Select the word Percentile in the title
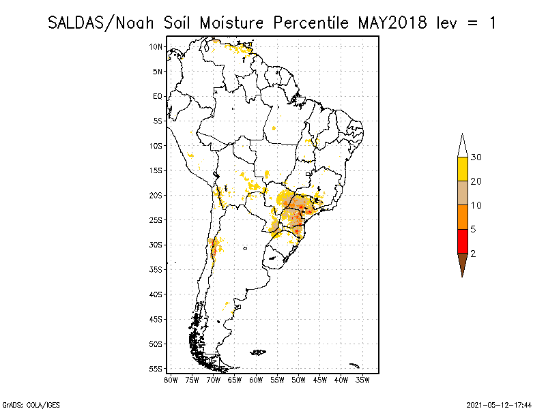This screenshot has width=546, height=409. pos(310,22)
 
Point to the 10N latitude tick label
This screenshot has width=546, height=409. pos(156,46)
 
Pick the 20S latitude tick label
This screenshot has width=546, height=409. pos(156,195)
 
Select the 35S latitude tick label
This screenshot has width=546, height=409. pos(156,269)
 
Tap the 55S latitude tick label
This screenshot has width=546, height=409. pos(156,369)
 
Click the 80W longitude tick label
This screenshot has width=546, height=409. pos(171,379)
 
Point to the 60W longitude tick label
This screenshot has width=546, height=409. pos(256,379)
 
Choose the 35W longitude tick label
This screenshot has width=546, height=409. pos(362,379)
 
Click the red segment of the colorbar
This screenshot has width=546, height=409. pos(462,241)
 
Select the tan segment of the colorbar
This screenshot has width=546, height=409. pos(462,193)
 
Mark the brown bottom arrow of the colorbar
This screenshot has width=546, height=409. pos(462,263)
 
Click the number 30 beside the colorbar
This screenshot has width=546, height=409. pos(476,157)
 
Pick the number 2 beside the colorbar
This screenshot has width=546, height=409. pos(473,253)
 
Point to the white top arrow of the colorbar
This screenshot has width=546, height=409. pos(462,146)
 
